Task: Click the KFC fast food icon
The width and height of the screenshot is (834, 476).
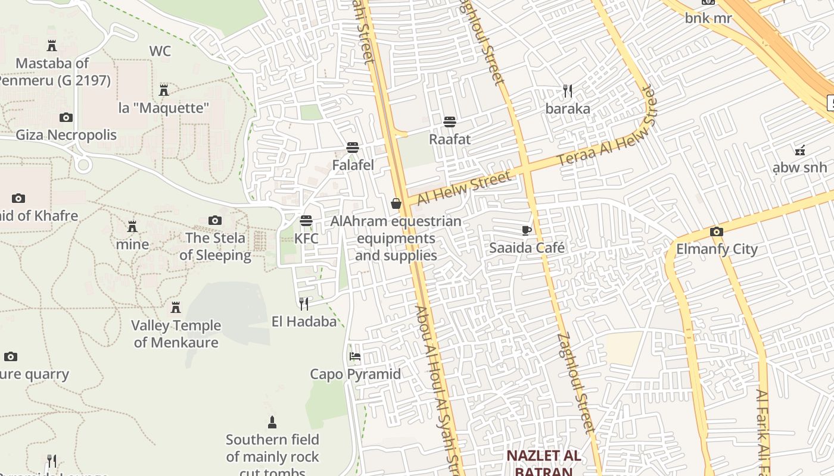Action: pos(306,221)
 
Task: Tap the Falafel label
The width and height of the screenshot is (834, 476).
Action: pos(353,165)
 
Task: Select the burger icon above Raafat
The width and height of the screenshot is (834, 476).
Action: pos(450,122)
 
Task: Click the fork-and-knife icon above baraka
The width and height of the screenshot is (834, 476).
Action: pos(568,91)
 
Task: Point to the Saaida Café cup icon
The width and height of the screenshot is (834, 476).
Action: pos(526,230)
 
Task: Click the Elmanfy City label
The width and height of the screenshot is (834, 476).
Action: pos(717,249)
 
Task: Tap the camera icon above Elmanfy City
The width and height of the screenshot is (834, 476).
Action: pos(716,231)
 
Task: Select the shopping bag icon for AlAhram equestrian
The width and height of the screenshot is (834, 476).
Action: pos(396,204)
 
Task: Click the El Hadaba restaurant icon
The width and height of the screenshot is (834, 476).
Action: pos(304,304)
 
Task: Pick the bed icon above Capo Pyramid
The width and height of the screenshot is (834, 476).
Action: pos(355,356)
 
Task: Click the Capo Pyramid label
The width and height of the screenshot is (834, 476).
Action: pos(355,374)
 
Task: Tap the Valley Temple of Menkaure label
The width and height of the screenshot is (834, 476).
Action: pos(176,334)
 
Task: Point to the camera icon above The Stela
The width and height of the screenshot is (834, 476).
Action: pos(215,221)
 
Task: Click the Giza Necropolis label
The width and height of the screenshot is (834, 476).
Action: pos(66,135)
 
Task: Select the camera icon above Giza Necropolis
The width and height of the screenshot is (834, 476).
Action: pos(66,117)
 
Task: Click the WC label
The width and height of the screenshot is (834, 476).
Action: pos(160,51)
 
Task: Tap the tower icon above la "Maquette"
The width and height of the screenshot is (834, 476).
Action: pos(164,90)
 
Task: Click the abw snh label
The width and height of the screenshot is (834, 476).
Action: pos(799,167)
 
